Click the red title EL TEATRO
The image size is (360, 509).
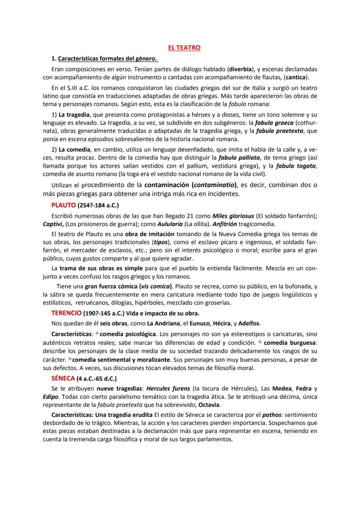[x=184, y=47]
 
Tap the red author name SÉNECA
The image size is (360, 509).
[x=63, y=378]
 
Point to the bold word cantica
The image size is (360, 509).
[x=296, y=77]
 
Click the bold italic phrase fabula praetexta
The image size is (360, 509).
[x=281, y=131]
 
